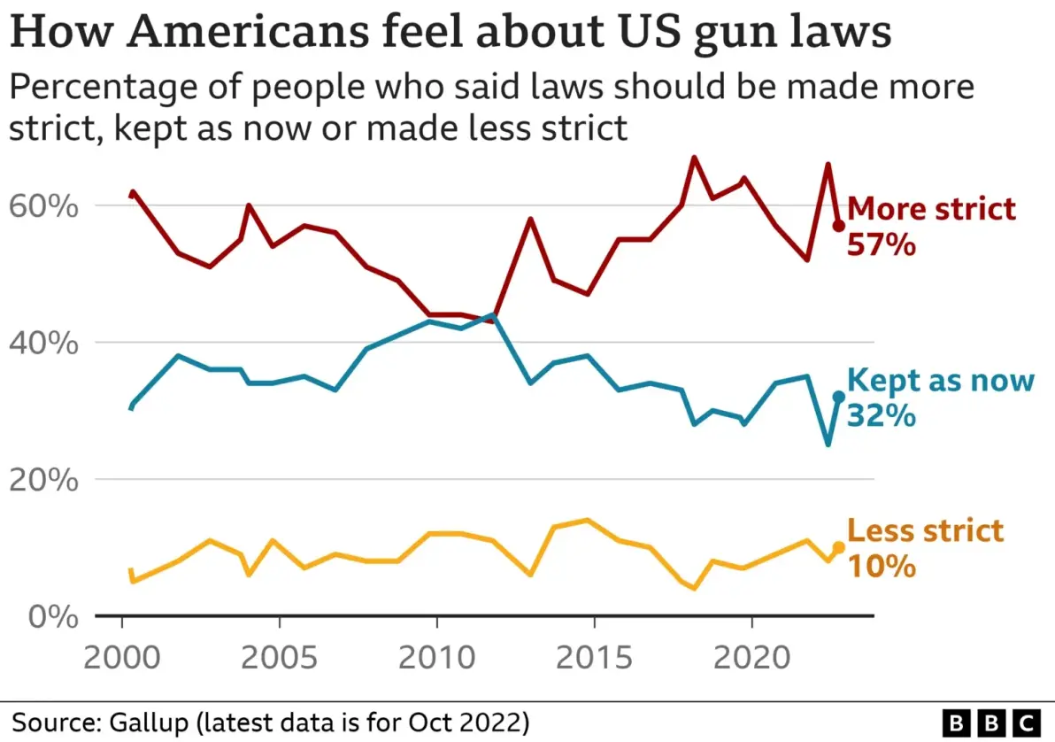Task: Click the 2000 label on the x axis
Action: pos(121,660)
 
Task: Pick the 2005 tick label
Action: pos(279,660)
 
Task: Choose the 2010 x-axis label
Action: pos(436,660)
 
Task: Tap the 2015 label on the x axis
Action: pos(594,660)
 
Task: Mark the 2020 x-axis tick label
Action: pos(751,660)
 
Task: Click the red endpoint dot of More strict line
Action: pos(838,226)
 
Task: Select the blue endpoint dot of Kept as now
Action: pos(838,398)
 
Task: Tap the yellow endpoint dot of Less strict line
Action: pos(838,548)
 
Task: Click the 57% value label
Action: pos(881,244)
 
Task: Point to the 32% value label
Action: pos(881,415)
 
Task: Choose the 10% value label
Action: pos(881,566)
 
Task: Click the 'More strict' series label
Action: pos(932,209)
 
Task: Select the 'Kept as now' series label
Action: pos(941,380)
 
